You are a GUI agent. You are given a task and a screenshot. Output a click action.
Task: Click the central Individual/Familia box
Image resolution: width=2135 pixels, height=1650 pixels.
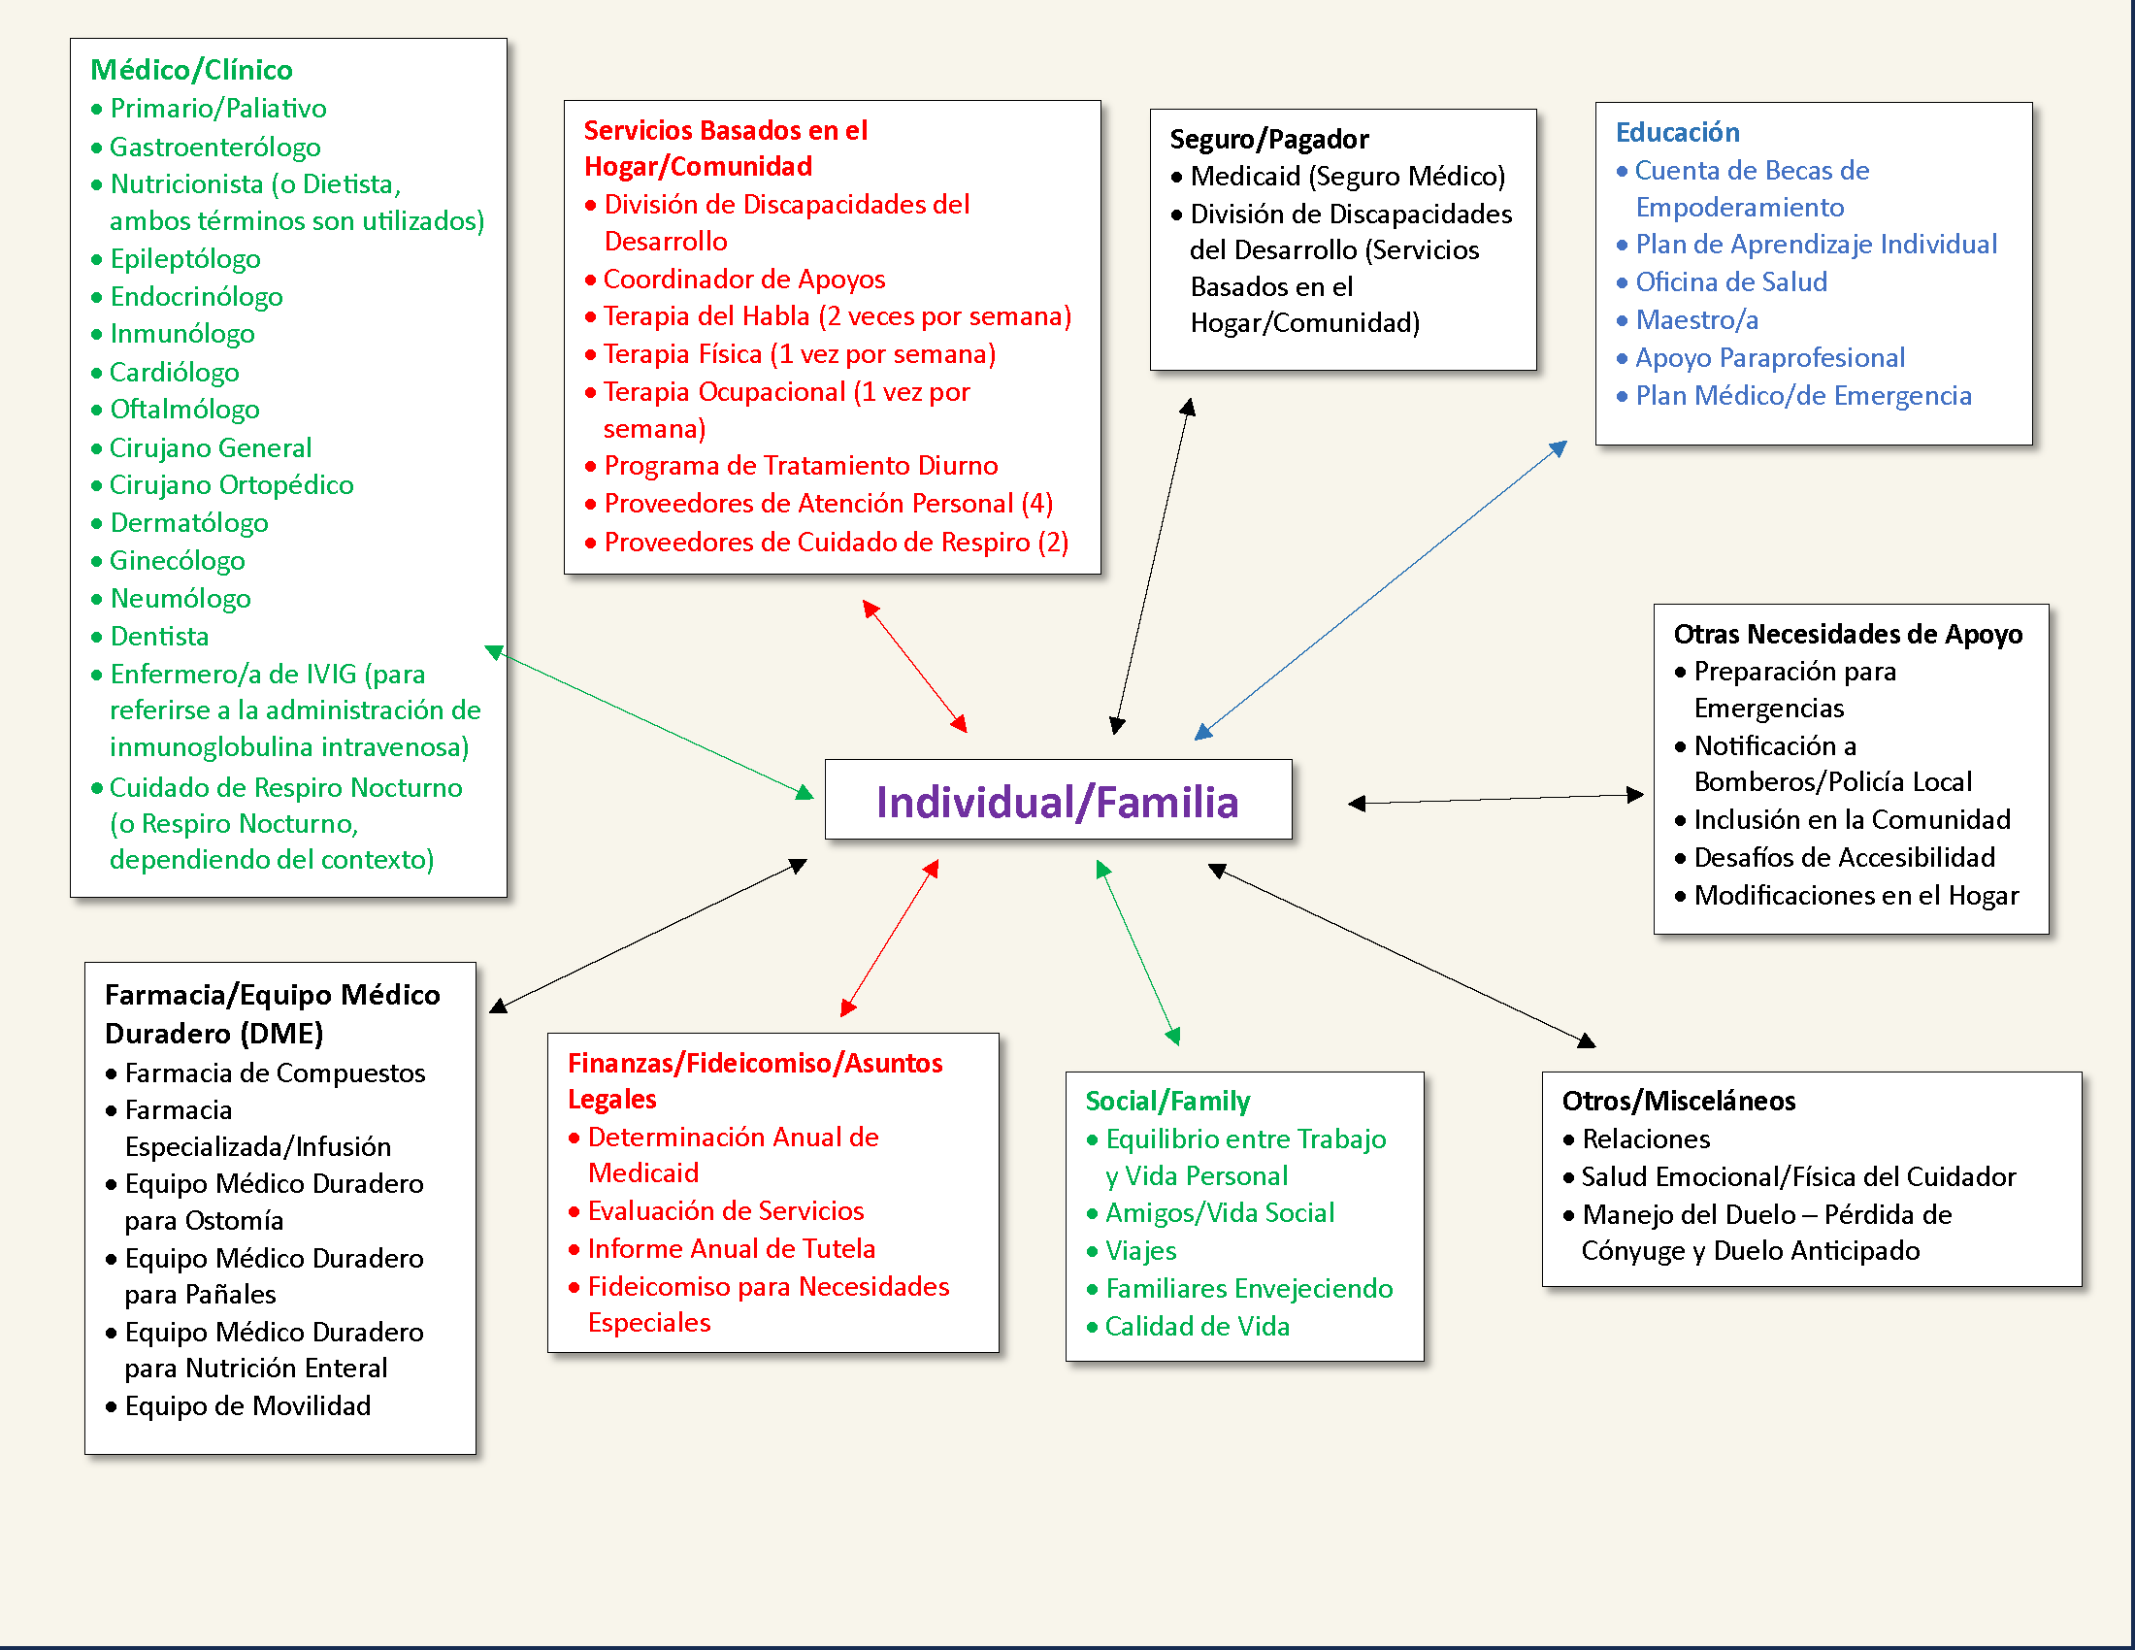[x=1058, y=801]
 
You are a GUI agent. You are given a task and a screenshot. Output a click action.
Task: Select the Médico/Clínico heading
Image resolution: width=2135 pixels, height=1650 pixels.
[x=191, y=70]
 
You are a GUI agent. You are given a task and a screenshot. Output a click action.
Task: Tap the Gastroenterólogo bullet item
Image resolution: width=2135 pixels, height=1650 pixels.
[x=214, y=147]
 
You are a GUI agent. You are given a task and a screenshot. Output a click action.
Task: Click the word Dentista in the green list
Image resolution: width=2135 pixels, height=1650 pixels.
[x=159, y=637]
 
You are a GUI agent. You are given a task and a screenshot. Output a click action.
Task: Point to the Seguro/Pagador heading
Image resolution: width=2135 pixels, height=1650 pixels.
[x=1269, y=139]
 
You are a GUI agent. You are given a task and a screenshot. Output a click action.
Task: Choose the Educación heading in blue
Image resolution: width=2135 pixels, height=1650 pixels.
[x=1678, y=132]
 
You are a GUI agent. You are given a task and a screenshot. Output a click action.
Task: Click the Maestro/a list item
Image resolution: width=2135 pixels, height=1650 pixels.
[x=1697, y=319]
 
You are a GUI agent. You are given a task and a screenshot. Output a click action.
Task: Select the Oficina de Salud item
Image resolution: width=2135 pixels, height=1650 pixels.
[x=1731, y=281]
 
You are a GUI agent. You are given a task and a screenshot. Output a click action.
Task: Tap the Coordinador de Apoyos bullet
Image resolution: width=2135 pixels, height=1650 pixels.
[x=744, y=280]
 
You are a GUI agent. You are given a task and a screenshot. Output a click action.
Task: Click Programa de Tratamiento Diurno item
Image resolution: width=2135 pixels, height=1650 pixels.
[x=801, y=465]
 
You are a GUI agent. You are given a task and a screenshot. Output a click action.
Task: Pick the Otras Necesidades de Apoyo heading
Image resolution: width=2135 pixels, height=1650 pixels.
[x=1848, y=634]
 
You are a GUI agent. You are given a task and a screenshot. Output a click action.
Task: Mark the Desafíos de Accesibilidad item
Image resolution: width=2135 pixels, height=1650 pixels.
[x=1844, y=857]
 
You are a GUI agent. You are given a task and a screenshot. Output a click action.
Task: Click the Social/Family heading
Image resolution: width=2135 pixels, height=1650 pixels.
[x=1167, y=1101]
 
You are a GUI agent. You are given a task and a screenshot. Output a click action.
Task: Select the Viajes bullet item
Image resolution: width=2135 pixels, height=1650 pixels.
[x=1141, y=1250]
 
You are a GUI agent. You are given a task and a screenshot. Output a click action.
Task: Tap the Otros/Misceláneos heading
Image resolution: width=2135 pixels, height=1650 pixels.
[x=1679, y=1101]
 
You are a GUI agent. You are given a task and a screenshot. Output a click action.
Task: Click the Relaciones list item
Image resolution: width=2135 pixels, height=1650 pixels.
[x=1646, y=1138]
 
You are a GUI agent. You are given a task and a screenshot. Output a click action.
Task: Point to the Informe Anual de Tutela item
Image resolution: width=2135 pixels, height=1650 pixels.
[x=731, y=1248]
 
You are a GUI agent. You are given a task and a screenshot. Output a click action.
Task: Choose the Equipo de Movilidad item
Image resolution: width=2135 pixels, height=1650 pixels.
[x=247, y=1405]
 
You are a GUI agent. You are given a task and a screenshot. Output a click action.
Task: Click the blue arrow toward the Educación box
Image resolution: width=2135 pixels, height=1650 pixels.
[x=1380, y=591]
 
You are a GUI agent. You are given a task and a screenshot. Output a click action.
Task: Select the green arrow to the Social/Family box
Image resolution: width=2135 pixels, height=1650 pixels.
[x=1138, y=953]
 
